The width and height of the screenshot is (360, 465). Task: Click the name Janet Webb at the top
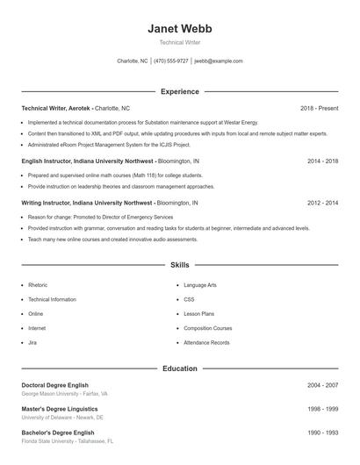tap(179, 29)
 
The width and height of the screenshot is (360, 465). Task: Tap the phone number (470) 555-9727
tap(171, 61)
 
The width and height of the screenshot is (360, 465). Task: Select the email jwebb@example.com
tap(219, 61)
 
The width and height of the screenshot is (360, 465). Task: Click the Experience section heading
tap(179, 91)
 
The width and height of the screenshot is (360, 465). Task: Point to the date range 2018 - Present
tap(319, 108)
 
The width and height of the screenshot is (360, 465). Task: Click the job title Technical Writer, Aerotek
tap(56, 108)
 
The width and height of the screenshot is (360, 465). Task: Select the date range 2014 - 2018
tap(322, 161)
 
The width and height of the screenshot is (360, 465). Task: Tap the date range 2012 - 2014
tap(322, 203)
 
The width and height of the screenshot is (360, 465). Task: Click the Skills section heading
tap(179, 264)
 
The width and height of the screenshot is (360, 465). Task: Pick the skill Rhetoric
tap(38, 285)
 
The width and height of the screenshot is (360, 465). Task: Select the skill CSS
tap(189, 299)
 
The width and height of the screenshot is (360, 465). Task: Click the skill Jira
tap(32, 342)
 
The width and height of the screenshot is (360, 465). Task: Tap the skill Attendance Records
tap(206, 342)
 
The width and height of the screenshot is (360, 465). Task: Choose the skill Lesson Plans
tap(198, 313)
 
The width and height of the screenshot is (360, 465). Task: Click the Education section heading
tap(179, 368)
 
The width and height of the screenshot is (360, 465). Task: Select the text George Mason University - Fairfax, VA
tap(64, 394)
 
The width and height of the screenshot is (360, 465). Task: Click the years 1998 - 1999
tap(322, 409)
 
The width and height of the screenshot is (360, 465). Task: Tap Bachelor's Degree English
tap(57, 433)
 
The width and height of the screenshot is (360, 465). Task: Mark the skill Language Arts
tap(200, 285)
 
